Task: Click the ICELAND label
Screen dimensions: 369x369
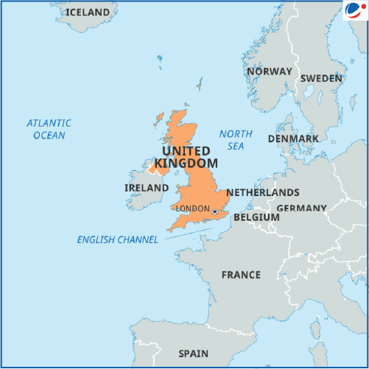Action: [x=88, y=13]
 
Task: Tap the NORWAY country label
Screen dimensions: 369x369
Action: [x=270, y=72]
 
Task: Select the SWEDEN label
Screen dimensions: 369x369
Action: [x=321, y=78]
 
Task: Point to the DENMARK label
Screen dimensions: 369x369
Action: [x=293, y=138]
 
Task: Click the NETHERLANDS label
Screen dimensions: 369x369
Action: [x=262, y=192]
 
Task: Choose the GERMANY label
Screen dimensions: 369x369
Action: [x=301, y=208]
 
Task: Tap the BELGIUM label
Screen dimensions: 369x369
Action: [x=256, y=218]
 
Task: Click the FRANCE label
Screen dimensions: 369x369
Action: [x=241, y=275]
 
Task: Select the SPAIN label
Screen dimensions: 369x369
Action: [x=194, y=353]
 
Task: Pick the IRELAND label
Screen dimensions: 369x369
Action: [x=147, y=188]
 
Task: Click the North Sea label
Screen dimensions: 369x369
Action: [x=236, y=140]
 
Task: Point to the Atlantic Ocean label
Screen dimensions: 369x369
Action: [x=49, y=129]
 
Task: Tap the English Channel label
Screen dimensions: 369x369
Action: [x=117, y=239]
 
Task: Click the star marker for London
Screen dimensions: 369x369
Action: [x=215, y=212]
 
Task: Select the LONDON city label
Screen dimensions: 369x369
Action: [x=193, y=208]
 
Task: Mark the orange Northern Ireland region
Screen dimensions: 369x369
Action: [x=157, y=166]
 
